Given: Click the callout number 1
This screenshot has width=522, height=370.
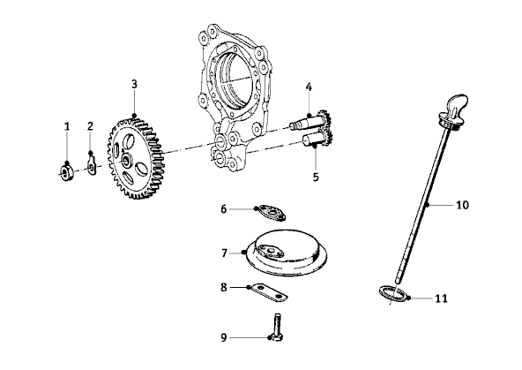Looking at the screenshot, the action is (x=67, y=126).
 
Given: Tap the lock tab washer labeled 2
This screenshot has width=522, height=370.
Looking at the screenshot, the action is (x=93, y=166).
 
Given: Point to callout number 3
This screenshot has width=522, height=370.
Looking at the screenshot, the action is (x=134, y=84).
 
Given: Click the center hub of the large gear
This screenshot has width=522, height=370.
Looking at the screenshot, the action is (x=127, y=160).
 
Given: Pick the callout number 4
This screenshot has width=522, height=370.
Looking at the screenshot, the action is (x=309, y=87).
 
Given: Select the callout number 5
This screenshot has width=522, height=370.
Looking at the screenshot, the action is (x=316, y=177).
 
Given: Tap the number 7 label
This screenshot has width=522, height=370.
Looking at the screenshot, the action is (x=224, y=253).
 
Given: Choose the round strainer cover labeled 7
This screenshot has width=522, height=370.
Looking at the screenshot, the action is (x=287, y=253).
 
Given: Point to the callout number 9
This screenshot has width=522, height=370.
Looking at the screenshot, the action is (x=224, y=337).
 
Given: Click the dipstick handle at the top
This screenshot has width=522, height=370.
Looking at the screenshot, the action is (x=454, y=111).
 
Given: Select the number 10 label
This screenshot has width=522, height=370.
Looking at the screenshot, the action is (x=462, y=205).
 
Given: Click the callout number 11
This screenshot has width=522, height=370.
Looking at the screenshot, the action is (x=442, y=298).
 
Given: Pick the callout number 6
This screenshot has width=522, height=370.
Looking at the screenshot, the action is (x=224, y=209).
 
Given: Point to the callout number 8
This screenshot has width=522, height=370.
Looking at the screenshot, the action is (x=224, y=287).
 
